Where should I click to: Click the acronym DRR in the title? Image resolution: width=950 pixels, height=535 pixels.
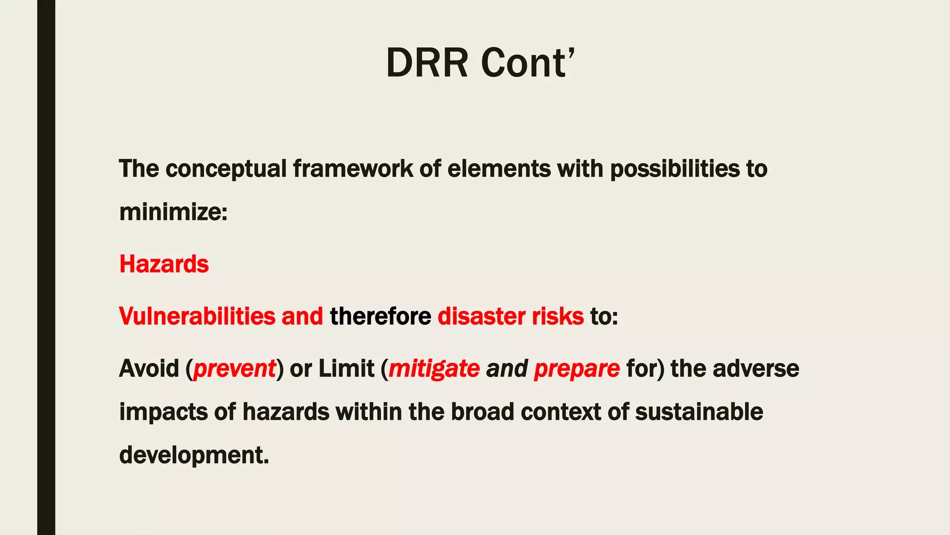tap(427, 63)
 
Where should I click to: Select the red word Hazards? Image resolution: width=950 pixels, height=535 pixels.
tap(164, 264)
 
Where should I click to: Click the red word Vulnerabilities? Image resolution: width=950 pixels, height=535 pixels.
tap(197, 316)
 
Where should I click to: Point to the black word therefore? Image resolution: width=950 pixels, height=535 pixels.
tap(380, 316)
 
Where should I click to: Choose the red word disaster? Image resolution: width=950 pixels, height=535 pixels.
tap(481, 316)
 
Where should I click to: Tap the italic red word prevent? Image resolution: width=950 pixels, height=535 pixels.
tap(234, 369)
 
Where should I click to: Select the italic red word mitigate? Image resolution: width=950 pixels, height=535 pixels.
tap(434, 369)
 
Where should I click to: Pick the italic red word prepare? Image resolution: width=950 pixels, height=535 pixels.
tap(577, 369)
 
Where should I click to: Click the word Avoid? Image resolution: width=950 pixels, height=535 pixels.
tap(149, 369)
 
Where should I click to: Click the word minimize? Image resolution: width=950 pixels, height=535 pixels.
tap(173, 212)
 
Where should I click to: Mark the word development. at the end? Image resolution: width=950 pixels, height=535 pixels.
tap(194, 455)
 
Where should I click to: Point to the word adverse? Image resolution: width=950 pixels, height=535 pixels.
tap(756, 369)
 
